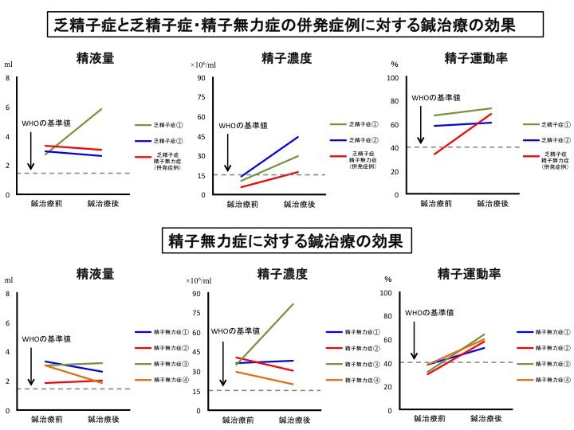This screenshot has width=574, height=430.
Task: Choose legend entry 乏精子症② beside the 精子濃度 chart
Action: (x=365, y=140)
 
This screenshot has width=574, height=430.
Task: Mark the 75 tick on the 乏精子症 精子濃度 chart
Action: (x=202, y=97)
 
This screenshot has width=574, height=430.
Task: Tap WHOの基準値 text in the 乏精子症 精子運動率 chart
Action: (x=435, y=97)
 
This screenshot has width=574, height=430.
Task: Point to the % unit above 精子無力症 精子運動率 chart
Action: (x=390, y=279)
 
